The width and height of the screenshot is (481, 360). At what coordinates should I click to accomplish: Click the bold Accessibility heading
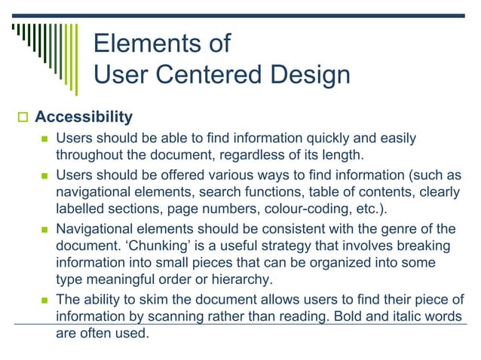[84, 117]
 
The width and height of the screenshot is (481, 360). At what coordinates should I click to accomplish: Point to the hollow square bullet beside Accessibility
[21, 118]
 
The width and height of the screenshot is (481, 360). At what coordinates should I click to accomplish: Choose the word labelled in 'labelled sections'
[81, 209]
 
